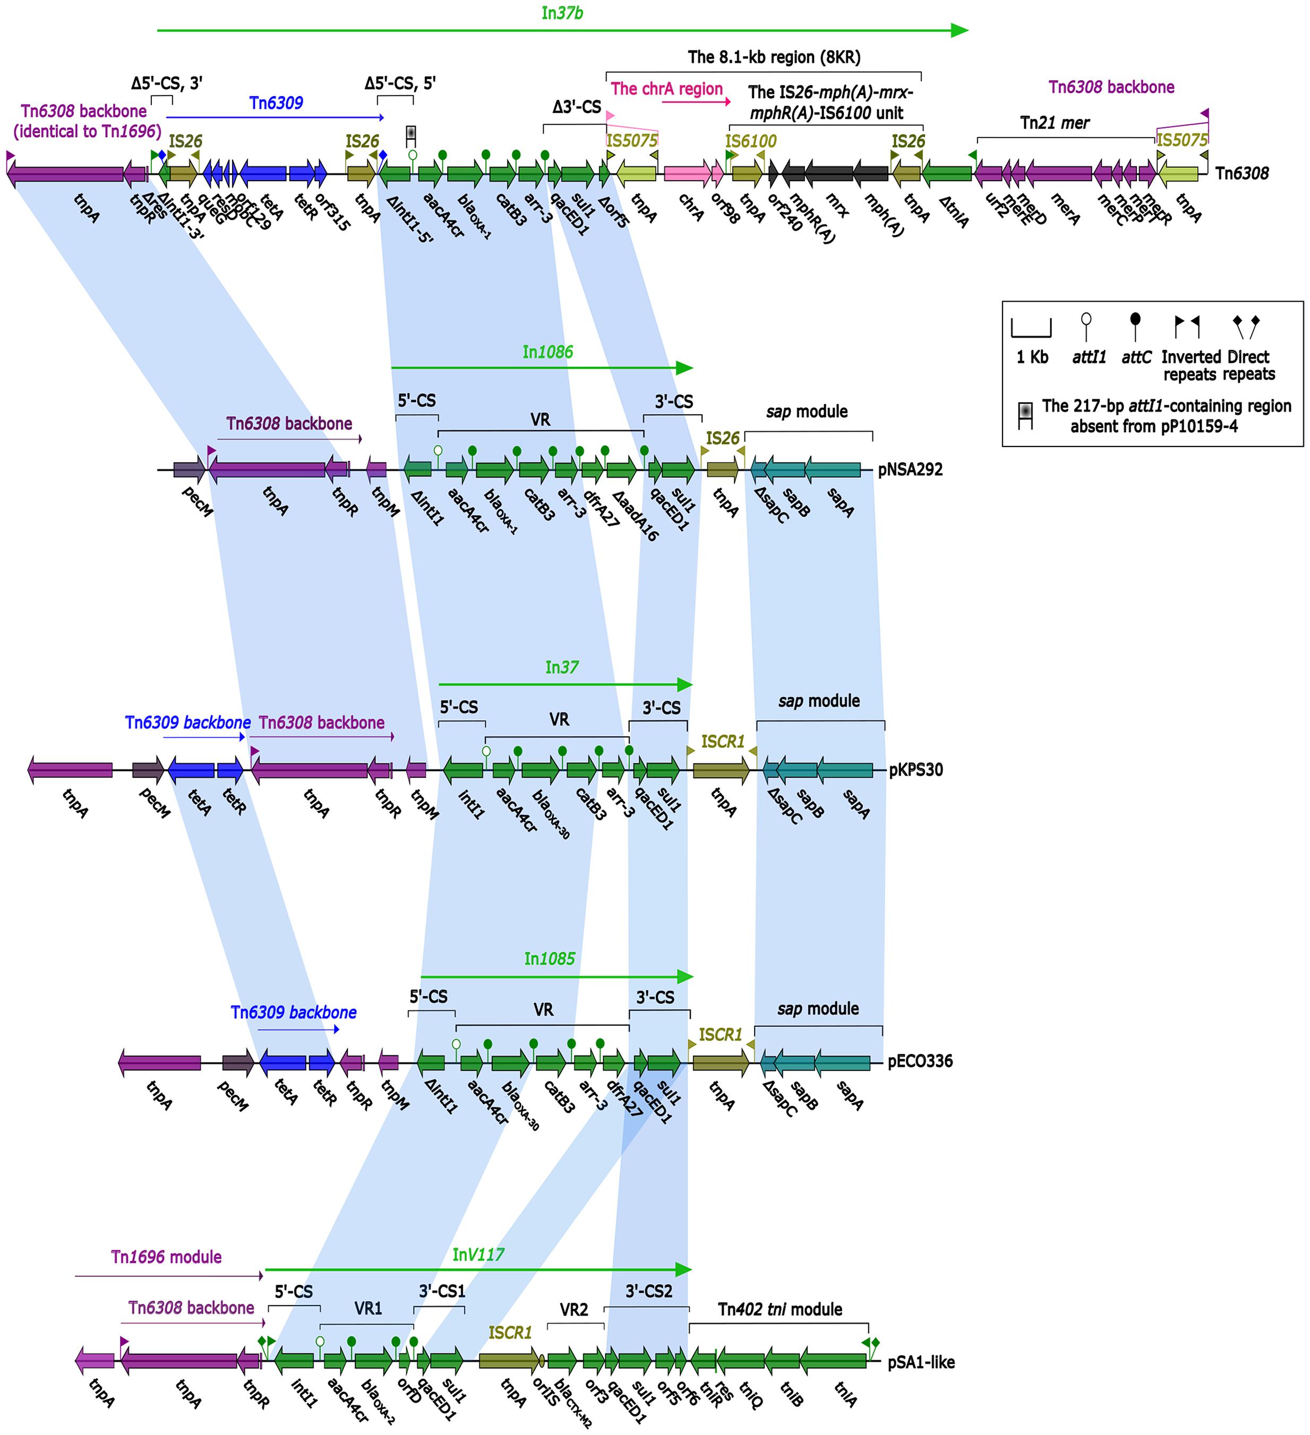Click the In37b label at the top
(562, 13)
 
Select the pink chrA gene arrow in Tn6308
(687, 173)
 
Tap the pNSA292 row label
(910, 470)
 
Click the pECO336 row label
(920, 1061)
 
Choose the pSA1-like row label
(921, 1362)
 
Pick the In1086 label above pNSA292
(547, 351)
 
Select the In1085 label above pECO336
(549, 958)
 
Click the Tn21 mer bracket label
(1055, 123)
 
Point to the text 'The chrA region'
(666, 89)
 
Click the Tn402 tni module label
(780, 1309)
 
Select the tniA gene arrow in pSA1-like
(833, 1361)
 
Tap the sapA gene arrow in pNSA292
(833, 470)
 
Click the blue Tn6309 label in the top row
(276, 103)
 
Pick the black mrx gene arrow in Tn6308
(829, 173)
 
